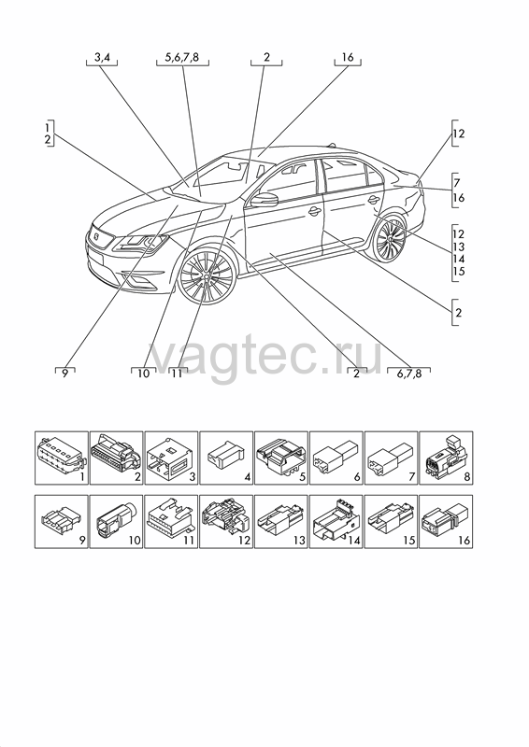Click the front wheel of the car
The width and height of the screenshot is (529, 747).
click(207, 275)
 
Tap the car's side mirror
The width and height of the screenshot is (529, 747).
click(264, 200)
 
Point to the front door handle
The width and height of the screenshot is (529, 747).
click(314, 211)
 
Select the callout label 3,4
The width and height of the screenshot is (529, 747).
click(102, 58)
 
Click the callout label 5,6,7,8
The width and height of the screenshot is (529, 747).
click(181, 58)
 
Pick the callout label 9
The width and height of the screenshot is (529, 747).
click(65, 373)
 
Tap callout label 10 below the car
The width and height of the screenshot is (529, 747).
click(143, 373)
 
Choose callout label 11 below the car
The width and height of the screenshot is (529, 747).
click(177, 373)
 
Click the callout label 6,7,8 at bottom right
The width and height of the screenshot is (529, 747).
click(408, 373)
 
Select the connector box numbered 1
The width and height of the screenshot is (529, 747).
click(62, 458)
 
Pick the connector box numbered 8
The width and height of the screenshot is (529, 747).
click(446, 458)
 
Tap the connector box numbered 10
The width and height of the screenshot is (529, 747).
click(117, 522)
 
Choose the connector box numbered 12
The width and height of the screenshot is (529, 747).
click(226, 522)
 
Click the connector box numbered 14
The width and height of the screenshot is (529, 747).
click(336, 522)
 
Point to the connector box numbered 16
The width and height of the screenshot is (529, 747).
click(446, 522)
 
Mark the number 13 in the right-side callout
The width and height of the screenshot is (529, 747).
click(458, 247)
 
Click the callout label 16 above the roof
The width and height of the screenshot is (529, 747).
click(348, 57)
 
